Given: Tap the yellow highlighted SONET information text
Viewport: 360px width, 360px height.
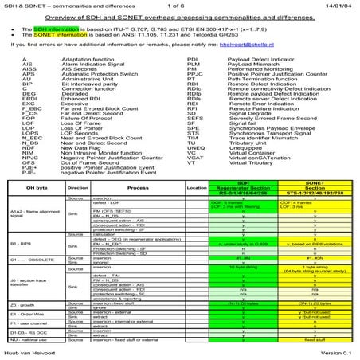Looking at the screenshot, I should (x=61, y=35).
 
